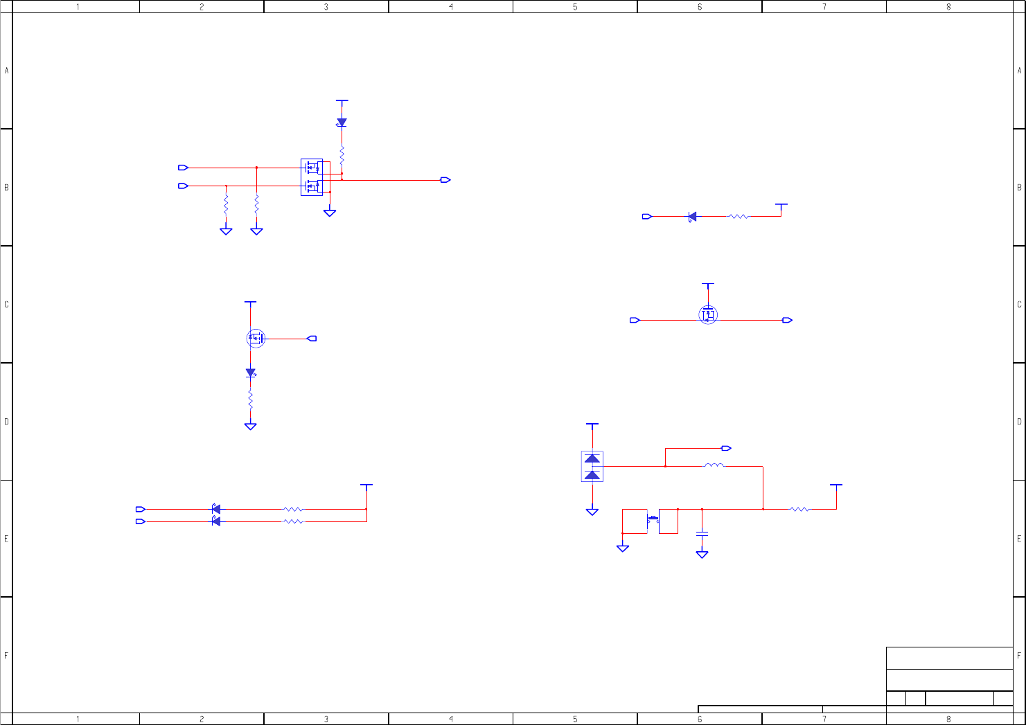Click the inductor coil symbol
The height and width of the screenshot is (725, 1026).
click(x=714, y=466)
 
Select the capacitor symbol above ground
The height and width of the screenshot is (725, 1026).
click(x=702, y=533)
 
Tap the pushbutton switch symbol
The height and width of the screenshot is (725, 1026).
click(x=653, y=519)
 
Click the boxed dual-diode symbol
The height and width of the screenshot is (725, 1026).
click(x=592, y=467)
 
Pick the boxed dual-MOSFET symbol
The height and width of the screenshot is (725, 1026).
click(x=312, y=177)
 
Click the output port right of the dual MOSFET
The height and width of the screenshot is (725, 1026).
click(x=445, y=180)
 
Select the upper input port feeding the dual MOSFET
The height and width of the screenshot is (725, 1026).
click(x=183, y=168)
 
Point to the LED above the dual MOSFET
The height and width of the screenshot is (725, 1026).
click(x=342, y=123)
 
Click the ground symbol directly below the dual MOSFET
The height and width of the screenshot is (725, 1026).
click(x=330, y=213)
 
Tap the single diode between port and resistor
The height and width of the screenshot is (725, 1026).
click(x=692, y=217)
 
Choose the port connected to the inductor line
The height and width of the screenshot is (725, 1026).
click(x=726, y=448)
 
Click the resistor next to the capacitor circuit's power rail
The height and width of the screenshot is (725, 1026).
click(x=799, y=509)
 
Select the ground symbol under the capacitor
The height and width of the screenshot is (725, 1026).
click(x=702, y=554)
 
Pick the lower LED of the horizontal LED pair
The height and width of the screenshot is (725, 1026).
click(x=215, y=521)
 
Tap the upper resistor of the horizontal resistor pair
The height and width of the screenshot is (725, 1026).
click(x=293, y=509)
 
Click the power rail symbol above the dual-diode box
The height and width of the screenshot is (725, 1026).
click(x=592, y=424)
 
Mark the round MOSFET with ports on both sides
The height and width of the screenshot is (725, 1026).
click(x=708, y=315)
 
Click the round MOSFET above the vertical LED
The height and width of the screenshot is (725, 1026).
click(x=256, y=339)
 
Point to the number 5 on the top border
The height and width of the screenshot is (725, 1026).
click(x=575, y=7)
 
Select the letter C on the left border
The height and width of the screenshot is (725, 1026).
click(x=7, y=305)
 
